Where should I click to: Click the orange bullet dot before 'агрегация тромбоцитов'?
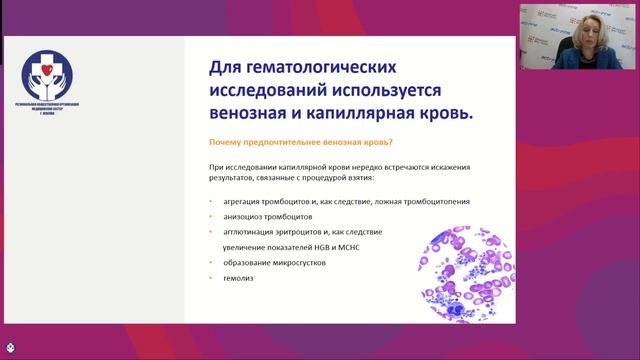(x=210, y=201)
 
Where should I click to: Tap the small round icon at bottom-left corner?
(x=9, y=351)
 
